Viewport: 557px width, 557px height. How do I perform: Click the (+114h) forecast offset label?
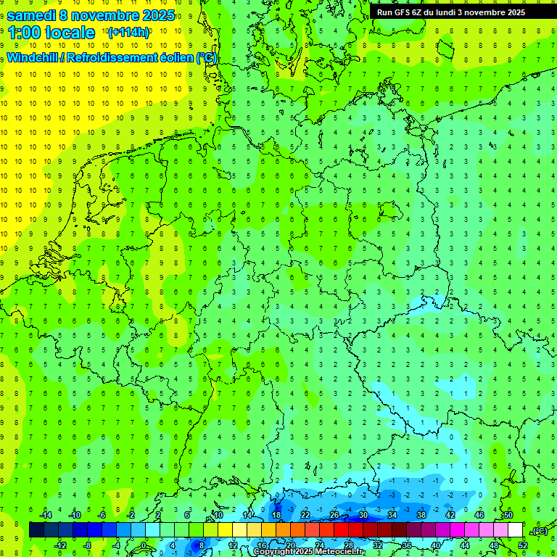click(x=128, y=33)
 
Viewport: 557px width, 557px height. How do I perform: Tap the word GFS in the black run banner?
click(x=405, y=12)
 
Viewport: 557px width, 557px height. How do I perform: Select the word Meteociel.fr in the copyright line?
click(x=339, y=552)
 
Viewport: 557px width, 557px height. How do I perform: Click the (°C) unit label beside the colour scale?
click(x=537, y=530)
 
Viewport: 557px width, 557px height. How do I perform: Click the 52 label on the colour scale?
click(x=523, y=545)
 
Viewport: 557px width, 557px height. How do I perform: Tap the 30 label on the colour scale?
click(x=363, y=515)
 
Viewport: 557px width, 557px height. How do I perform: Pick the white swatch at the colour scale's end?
click(x=515, y=530)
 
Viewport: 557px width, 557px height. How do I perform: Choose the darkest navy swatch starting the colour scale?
click(x=36, y=530)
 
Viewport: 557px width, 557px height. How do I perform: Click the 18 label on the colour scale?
click(x=276, y=515)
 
